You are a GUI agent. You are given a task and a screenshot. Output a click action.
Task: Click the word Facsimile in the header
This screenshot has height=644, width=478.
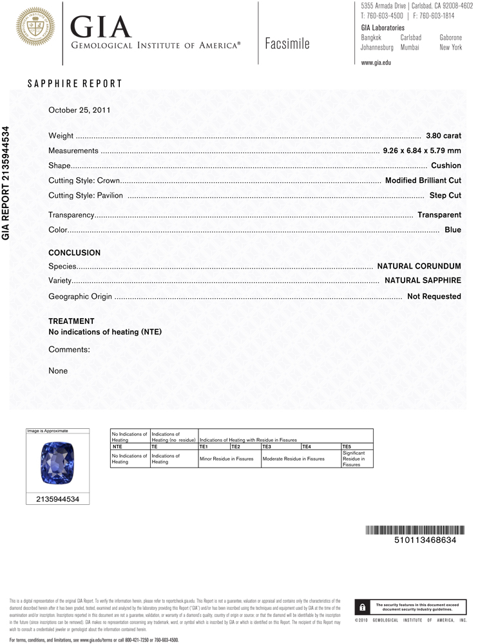[x=287, y=44]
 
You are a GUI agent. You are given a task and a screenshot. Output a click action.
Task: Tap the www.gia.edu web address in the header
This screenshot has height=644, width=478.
[x=376, y=62]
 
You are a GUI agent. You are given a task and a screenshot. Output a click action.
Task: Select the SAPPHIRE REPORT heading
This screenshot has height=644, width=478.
[x=75, y=84]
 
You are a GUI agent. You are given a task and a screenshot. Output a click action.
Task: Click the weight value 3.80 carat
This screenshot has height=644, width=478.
[x=443, y=136]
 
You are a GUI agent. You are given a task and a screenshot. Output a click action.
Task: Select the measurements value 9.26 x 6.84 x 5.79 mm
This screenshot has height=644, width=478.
[x=422, y=151]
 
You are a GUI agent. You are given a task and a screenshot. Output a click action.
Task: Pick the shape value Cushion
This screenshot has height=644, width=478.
[x=446, y=166]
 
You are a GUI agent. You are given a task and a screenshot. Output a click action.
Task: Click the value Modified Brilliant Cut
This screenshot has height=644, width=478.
[x=423, y=180]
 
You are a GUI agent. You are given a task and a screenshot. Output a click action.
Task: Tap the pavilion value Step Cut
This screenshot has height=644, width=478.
[x=445, y=195]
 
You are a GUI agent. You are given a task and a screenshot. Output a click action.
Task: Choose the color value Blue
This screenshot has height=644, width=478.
[x=453, y=229]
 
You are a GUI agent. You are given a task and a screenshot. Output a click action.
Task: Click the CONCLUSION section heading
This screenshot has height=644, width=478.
[x=75, y=253]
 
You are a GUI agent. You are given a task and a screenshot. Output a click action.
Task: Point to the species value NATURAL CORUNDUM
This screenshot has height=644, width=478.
[x=419, y=266]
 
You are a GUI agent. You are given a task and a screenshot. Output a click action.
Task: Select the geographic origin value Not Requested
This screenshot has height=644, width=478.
[x=434, y=296]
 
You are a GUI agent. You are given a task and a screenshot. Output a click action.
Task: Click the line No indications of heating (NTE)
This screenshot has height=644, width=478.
[x=105, y=332]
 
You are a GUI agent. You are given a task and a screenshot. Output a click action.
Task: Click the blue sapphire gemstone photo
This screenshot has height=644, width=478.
[x=57, y=464]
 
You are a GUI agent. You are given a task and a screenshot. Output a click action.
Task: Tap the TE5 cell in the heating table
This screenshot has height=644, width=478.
[x=347, y=446]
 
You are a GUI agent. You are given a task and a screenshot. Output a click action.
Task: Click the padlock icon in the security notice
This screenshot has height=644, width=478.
[x=363, y=607]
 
